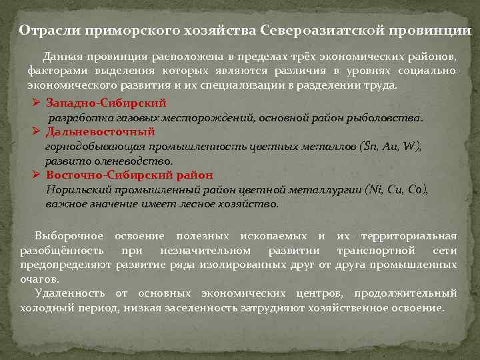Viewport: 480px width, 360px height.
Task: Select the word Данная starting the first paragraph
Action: (x=64, y=57)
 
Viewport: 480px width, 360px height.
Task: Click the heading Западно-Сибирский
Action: (x=106, y=103)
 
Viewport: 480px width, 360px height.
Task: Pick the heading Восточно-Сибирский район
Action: (x=129, y=175)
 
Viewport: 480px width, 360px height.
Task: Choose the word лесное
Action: (x=198, y=203)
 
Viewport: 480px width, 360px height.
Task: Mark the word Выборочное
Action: (x=69, y=236)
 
